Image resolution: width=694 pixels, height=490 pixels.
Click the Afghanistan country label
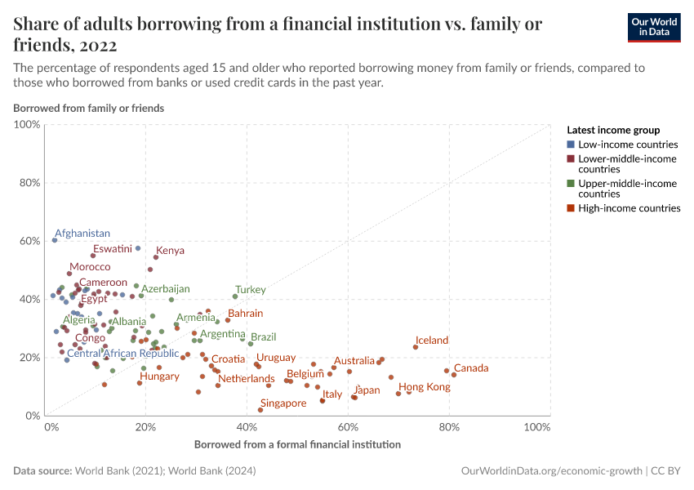tap(82, 234)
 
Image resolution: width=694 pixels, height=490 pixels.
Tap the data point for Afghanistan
tap(55, 240)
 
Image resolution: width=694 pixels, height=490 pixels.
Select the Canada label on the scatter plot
tap(470, 368)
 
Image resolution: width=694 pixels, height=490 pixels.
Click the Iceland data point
tap(416, 347)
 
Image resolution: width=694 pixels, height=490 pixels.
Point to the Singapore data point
tap(260, 410)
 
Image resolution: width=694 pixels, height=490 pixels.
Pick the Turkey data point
tap(235, 296)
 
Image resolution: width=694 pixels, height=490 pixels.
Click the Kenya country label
tap(170, 251)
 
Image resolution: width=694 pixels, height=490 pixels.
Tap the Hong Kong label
tap(424, 387)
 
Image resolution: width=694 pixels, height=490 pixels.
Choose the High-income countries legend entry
tap(628, 208)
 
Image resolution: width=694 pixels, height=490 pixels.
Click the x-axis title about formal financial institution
tap(297, 445)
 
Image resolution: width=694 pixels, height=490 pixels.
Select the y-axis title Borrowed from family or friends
tap(88, 108)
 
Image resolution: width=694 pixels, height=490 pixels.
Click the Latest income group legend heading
tap(612, 130)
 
